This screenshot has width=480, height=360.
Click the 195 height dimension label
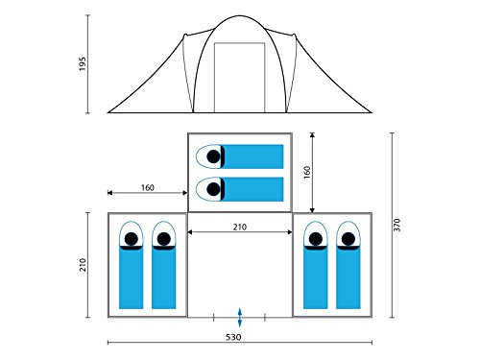[83, 64]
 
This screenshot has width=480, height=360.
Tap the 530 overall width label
[233, 337]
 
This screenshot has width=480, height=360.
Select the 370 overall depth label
[396, 225]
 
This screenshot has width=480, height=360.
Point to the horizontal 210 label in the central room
[240, 227]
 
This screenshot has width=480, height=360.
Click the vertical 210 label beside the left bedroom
[83, 265]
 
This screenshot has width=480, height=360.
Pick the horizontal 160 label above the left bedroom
[148, 187]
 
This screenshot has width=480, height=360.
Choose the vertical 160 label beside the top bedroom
[307, 172]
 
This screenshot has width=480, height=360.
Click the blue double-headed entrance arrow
[240, 318]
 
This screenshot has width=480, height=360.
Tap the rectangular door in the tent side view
[240, 78]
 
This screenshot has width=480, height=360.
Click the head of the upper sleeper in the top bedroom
[213, 156]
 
